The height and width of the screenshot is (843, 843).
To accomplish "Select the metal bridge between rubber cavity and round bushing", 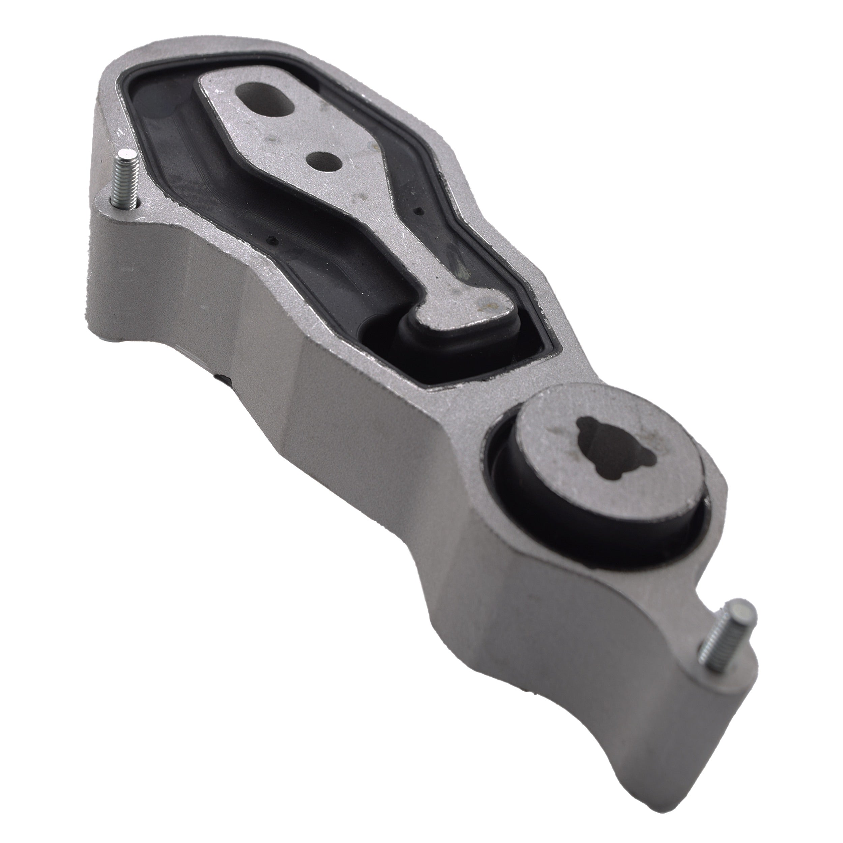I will click(480, 384).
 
